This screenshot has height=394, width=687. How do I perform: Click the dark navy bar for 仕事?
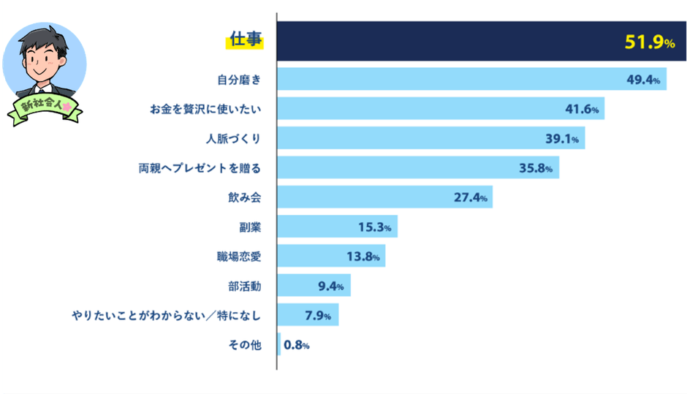[x=439, y=41]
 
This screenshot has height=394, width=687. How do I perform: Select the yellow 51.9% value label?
[x=649, y=43]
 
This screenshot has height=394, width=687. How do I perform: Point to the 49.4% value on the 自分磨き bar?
[x=643, y=80]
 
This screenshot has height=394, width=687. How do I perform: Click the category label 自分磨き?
[x=238, y=80]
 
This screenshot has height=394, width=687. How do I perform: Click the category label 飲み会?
[x=243, y=197]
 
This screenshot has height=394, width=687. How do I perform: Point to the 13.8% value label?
[x=363, y=256]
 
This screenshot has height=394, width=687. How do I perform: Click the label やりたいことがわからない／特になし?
[x=166, y=316]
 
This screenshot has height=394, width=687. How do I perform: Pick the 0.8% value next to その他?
[x=296, y=345]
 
